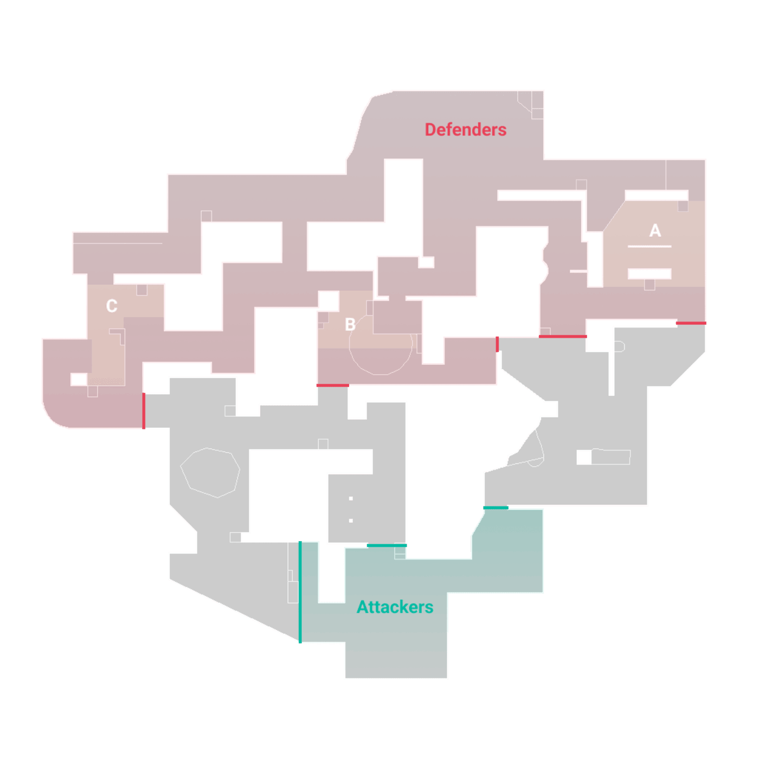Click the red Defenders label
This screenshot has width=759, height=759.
click(465, 130)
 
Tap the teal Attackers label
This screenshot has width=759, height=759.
click(395, 607)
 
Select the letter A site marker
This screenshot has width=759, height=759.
click(654, 230)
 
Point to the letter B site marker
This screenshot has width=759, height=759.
click(350, 325)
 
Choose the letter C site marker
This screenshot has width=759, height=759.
click(112, 306)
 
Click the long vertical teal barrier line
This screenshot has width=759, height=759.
click(300, 592)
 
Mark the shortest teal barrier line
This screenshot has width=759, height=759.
click(496, 507)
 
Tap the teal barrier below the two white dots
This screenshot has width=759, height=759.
click(387, 545)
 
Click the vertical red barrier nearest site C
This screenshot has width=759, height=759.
click(144, 411)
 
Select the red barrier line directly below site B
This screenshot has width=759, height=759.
click(333, 385)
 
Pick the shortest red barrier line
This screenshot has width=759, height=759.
click(498, 344)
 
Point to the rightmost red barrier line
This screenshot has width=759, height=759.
click(691, 323)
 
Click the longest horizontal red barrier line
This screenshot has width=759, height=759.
click(563, 336)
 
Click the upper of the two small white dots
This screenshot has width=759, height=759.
click(351, 499)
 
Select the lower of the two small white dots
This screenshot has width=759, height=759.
click(351, 520)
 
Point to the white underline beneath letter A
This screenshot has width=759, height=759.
click(649, 247)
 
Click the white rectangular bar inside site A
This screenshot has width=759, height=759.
click(649, 274)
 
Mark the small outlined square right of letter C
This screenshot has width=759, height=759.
click(142, 290)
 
